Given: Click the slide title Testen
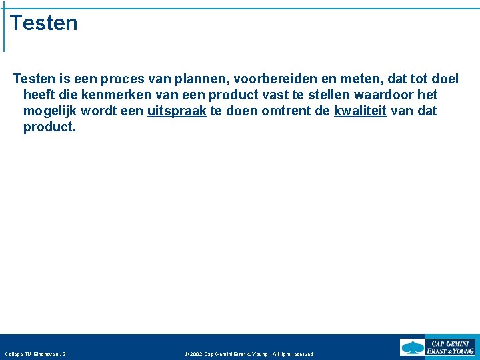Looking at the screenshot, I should (44, 23).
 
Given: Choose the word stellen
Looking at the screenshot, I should (339, 95).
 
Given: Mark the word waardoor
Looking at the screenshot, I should (392, 95).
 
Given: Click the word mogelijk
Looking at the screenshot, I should (49, 111).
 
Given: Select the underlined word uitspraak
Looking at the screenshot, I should (177, 111).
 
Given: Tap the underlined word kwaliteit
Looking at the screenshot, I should (360, 111).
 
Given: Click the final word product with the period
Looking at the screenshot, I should (50, 127).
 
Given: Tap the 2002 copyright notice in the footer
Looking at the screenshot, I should (248, 354).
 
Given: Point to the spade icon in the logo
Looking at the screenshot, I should (413, 347).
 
